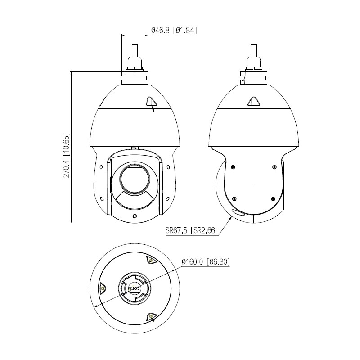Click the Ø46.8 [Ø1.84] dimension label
174,30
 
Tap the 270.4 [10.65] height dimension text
66,156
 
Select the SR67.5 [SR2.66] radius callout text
192,230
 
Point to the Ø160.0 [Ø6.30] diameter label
206,262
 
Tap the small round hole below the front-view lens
135,216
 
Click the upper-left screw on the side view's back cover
233,167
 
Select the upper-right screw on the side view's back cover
274,167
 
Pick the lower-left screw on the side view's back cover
234,199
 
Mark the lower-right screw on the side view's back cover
273,199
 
